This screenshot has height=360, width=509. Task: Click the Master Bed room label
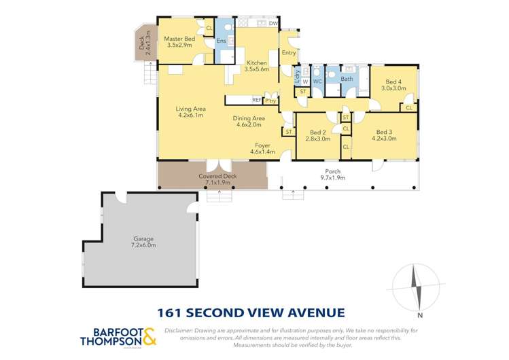pos(179,39)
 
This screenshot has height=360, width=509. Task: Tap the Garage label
pos(144,238)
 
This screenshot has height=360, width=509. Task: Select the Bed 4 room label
pos(393,81)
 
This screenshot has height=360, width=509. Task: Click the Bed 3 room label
pos(384,132)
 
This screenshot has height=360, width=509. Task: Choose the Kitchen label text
pos(256,62)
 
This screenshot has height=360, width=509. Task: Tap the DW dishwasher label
pos(273,24)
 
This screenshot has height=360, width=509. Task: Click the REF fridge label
pos(256,100)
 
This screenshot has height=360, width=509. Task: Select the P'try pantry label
pos(270,101)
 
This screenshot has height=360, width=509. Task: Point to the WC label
pos(317,82)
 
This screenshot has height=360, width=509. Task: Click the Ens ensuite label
pos(221,41)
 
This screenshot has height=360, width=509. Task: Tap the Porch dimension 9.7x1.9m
pos(332,178)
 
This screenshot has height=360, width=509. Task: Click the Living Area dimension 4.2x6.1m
pos(190,115)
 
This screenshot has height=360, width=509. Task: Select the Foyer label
pos(262,145)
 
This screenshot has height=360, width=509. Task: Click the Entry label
pos(289,52)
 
